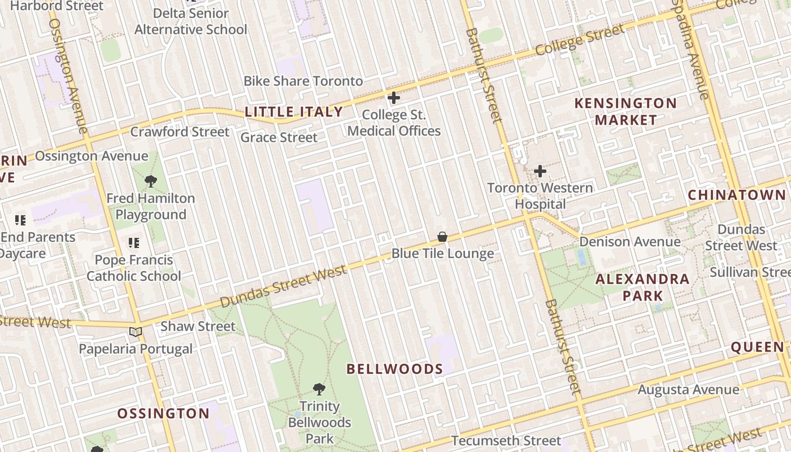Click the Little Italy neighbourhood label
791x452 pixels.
294,112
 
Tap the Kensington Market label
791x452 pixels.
625,111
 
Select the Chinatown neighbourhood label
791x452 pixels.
737,195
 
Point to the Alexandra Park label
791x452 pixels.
642,287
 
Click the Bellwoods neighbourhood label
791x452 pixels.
394,370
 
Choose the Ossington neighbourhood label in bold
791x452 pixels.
163,414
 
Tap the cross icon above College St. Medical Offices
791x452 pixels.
394,98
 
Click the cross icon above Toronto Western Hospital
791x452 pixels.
540,171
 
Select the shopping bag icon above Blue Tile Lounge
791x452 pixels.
442,237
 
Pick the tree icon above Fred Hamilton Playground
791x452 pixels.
150,181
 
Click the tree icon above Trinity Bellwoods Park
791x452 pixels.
319,389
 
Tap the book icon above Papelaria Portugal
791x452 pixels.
135,332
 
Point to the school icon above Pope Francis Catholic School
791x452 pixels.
134,243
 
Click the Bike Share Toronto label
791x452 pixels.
303,81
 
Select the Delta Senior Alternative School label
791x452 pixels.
191,21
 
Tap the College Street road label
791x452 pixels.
580,40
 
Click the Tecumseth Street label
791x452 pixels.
506,441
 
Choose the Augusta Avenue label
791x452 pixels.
688,390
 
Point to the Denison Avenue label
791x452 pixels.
630,242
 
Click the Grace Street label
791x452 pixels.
279,137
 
